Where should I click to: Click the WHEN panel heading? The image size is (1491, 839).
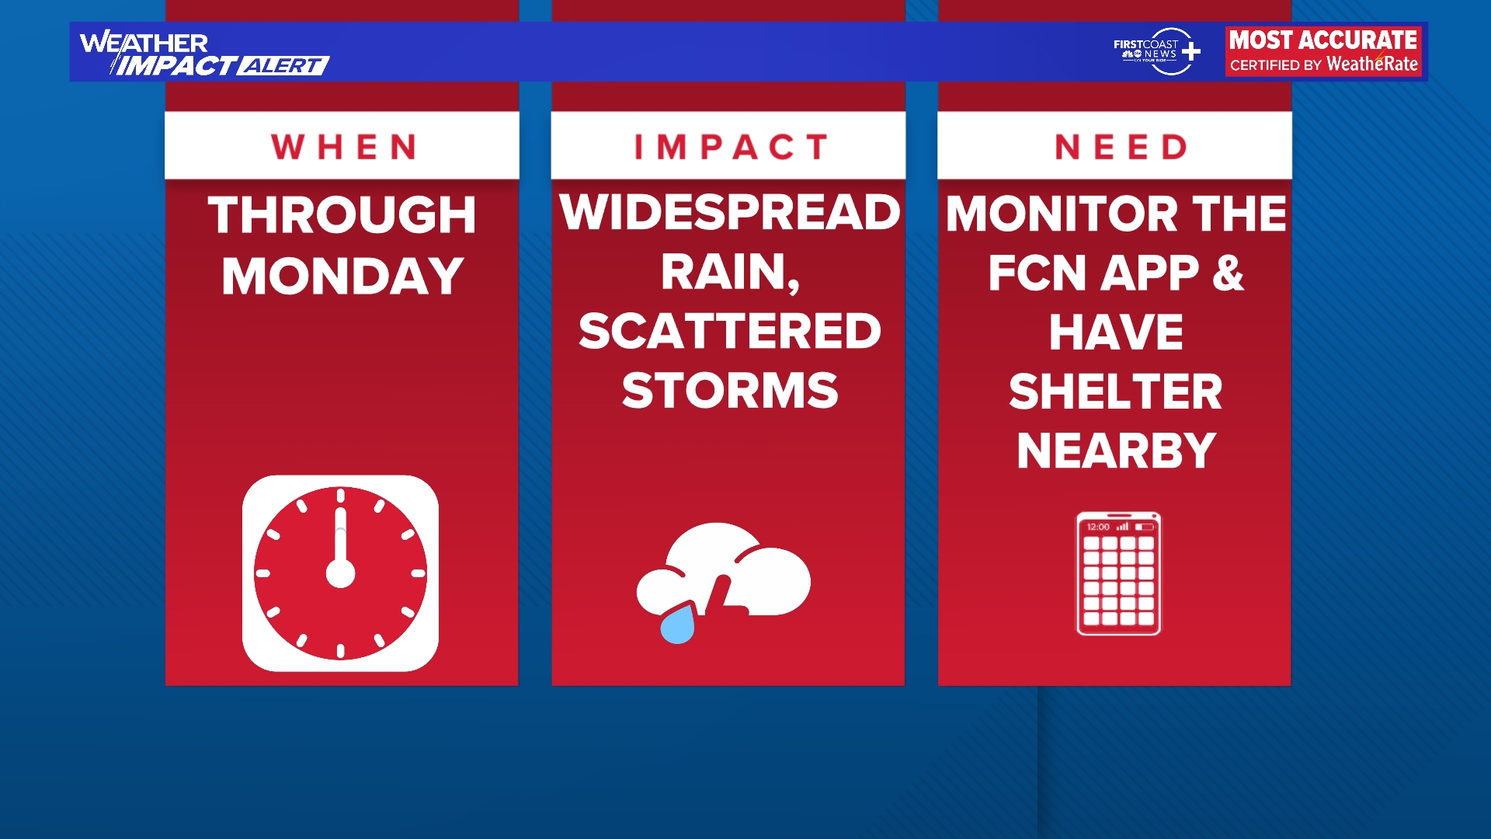344,147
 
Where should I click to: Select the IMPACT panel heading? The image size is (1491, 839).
731,147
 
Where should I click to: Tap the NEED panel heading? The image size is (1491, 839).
1121,147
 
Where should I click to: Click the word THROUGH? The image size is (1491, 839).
342,214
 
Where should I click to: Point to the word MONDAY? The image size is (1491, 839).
342,276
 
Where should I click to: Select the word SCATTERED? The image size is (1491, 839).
730,331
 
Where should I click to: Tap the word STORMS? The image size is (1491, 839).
730,390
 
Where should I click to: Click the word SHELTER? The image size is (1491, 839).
1115,391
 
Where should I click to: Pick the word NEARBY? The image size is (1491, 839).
1116,451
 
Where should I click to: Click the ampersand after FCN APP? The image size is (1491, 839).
1228,273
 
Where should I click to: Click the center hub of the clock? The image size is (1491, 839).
340,573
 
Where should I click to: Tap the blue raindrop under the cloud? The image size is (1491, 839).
677,624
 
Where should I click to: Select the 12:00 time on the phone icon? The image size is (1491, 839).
1098,527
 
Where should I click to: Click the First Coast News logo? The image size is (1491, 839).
1157,50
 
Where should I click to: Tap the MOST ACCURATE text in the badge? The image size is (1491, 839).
1323,40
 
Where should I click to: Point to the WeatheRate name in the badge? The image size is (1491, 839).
1372,64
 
